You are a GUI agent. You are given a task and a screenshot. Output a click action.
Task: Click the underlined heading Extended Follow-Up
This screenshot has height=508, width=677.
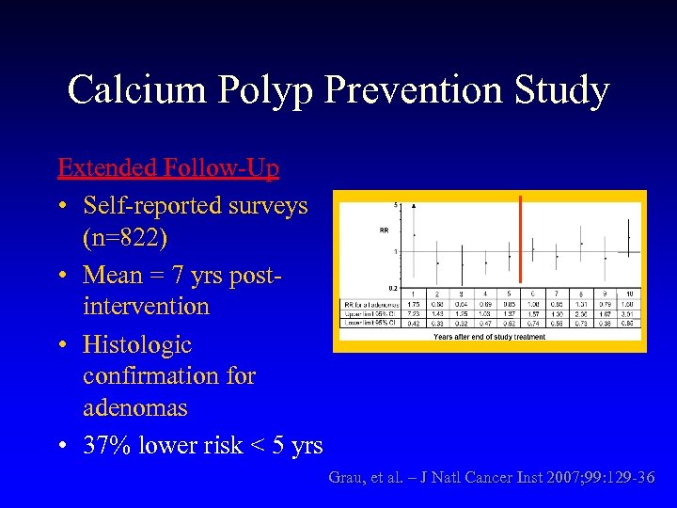click(x=168, y=168)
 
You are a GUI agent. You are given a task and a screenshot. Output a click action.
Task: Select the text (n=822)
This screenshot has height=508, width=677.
click(x=125, y=239)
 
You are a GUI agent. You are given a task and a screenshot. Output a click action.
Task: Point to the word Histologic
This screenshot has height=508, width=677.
click(x=137, y=343)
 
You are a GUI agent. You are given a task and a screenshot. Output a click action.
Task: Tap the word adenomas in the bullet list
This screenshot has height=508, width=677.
click(x=135, y=408)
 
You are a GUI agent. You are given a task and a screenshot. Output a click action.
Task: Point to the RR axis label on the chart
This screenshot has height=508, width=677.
click(x=384, y=229)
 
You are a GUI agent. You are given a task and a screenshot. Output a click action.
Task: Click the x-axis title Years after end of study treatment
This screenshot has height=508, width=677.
click(x=489, y=337)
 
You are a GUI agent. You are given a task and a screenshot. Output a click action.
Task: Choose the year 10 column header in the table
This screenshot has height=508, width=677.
click(x=629, y=294)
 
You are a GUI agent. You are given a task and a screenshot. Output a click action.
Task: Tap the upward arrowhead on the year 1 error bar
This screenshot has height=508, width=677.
click(x=415, y=205)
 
